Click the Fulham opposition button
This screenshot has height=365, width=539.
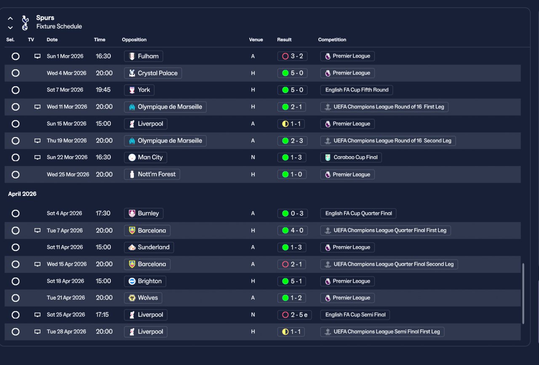[144, 56]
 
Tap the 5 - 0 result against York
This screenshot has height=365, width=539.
[292, 90]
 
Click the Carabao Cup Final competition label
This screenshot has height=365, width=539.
[351, 157]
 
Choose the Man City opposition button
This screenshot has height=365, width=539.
[146, 157]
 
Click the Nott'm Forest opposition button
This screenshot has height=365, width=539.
[152, 175]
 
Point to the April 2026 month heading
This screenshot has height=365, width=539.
[22, 194]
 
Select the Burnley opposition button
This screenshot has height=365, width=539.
[144, 213]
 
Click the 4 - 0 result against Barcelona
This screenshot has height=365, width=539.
[292, 230]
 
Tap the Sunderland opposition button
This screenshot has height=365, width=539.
[149, 247]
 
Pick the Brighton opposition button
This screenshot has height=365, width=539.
[145, 281]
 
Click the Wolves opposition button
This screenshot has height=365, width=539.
[143, 298]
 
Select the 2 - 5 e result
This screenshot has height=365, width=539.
[294, 315]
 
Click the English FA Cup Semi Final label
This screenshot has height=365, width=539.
[355, 315]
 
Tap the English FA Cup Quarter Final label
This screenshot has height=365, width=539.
[358, 213]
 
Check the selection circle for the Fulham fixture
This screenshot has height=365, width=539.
[16, 56]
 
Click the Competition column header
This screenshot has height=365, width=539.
[332, 40]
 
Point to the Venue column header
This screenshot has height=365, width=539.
[256, 40]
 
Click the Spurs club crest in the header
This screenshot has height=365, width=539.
[25, 22]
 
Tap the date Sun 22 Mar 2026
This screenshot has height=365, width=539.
[67, 157]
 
